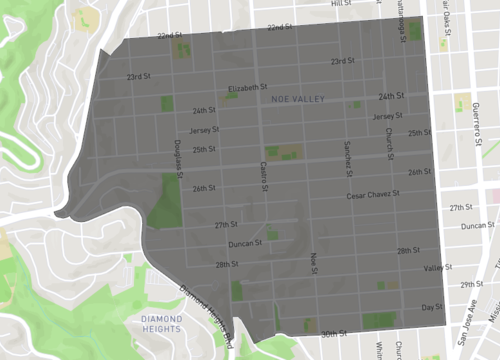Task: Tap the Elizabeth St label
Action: pyautogui.click(x=248, y=87)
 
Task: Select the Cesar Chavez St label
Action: pyautogui.click(x=372, y=194)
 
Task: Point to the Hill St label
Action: pyautogui.click(x=342, y=4)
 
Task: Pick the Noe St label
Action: pyautogui.click(x=313, y=262)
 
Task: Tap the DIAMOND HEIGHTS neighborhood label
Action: pyautogui.click(x=155, y=323)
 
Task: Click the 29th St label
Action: pyautogui.click(x=470, y=284)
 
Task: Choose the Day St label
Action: pyautogui.click(x=431, y=307)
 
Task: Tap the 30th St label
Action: pyautogui.click(x=332, y=334)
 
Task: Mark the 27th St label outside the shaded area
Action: pyautogui.click(x=460, y=207)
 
